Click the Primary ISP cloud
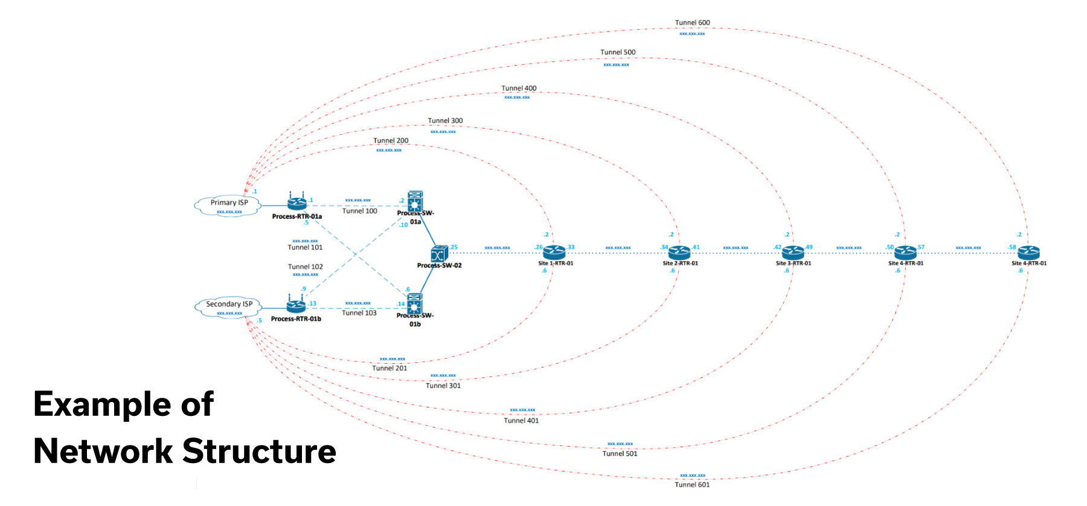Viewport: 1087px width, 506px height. (228, 205)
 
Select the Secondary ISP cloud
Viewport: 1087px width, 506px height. (229, 307)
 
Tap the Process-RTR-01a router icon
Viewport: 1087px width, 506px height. (297, 203)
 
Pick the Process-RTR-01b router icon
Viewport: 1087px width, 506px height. (296, 305)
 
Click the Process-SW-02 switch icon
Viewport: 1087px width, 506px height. (439, 254)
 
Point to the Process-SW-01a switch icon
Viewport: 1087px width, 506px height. (415, 201)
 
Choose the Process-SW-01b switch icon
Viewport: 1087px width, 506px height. (415, 303)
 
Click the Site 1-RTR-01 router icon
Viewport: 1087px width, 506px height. (554, 252)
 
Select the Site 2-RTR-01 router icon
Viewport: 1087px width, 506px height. (679, 252)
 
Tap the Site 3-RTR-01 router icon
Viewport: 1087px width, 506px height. (793, 252)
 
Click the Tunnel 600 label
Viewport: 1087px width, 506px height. (692, 23)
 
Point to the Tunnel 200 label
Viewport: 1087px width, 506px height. (391, 141)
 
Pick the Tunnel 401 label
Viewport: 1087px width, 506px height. (521, 421)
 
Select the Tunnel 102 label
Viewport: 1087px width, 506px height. (305, 267)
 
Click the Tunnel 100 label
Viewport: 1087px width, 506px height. (359, 211)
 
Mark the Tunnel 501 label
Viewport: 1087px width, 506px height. (620, 453)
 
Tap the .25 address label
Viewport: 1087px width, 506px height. (454, 247)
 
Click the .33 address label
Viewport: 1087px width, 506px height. (571, 247)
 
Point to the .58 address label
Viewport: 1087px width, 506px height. (1012, 247)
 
